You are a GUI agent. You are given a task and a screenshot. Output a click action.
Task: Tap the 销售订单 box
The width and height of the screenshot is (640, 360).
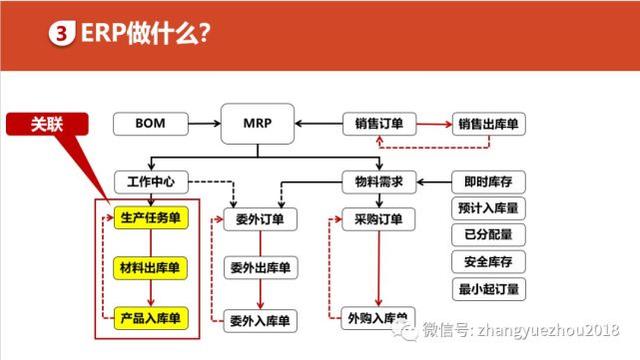pos(379,125)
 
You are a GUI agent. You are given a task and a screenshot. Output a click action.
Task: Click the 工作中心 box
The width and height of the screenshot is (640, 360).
pos(151,183)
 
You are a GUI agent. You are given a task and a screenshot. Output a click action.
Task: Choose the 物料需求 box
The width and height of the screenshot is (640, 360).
pos(379,183)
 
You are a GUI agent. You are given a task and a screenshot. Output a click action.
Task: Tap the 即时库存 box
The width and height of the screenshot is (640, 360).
pos(489,183)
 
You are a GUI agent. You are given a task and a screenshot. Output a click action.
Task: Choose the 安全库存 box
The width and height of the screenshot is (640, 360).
pos(489,264)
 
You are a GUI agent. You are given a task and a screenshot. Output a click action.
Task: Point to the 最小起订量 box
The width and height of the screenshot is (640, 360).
pos(489,291)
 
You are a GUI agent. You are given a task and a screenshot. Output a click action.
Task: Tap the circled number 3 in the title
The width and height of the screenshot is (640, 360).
pos(61,32)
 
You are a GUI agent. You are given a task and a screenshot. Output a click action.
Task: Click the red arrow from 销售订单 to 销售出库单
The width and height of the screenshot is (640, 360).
pos(432,125)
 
